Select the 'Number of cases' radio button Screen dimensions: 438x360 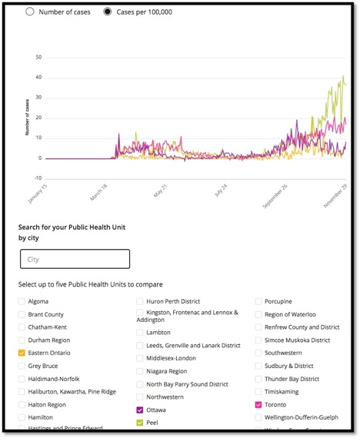(x=30, y=12)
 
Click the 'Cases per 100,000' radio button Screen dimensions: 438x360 (x=107, y=12)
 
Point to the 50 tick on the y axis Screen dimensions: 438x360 (x=38, y=58)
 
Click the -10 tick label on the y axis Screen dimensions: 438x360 (x=37, y=178)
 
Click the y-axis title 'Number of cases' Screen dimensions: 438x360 (x=26, y=120)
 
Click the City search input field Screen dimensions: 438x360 (x=75, y=259)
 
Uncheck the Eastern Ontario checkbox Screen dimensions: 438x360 (x=22, y=352)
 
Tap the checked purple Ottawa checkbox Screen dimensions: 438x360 (x=140, y=410)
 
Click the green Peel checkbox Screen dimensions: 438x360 (x=140, y=423)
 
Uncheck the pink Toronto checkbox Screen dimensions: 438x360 (x=258, y=404)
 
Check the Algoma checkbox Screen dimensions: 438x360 (x=22, y=301)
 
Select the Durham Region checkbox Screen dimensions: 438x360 (x=22, y=340)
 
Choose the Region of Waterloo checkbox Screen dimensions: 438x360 (x=258, y=314)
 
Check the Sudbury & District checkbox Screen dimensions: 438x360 (x=258, y=366)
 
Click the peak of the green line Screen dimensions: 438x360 (x=343, y=76)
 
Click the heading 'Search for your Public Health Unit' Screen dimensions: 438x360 (x=72, y=228)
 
